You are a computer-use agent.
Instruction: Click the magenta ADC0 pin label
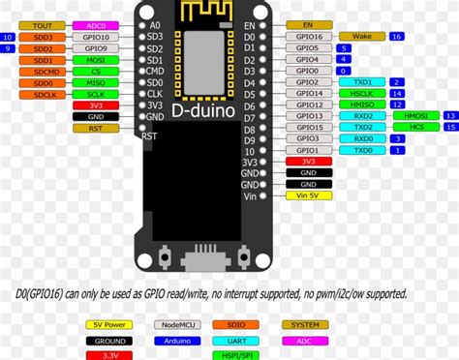coord(95,25)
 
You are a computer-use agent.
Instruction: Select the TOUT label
coord(43,25)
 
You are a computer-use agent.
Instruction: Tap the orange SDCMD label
coord(46,71)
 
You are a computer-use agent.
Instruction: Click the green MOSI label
coord(95,59)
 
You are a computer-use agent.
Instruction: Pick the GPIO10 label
coord(95,47)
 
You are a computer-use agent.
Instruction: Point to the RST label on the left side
coord(95,128)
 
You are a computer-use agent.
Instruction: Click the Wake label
coord(361,36)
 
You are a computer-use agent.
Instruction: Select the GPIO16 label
coord(308,36)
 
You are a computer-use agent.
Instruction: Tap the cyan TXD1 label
coord(362,81)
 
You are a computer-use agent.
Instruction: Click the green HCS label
coord(415,128)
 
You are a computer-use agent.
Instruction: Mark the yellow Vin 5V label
coord(308,195)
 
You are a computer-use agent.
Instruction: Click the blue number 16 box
coord(397,36)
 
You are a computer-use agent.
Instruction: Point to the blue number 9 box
coord(8,47)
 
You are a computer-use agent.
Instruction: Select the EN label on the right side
coord(308,24)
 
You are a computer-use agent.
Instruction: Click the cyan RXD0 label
coord(362,138)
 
